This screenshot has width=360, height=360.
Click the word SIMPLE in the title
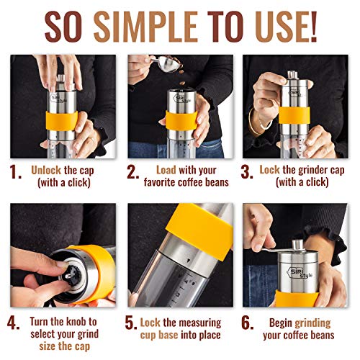pyautogui.click(x=145, y=27)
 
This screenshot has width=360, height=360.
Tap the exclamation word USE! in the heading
pyautogui.click(x=286, y=27)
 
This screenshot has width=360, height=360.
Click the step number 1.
pyautogui.click(x=16, y=172)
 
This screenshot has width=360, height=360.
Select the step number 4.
pyautogui.click(x=14, y=323)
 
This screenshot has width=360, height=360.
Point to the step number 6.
pyautogui.click(x=247, y=323)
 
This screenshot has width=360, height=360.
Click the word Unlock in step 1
pyautogui.click(x=46, y=170)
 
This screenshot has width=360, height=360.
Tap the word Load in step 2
pyautogui.click(x=166, y=170)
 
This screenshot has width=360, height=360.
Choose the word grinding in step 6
pyautogui.click(x=312, y=323)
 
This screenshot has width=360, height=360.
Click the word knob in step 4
pyautogui.click(x=77, y=322)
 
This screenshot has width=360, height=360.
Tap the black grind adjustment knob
pyautogui.click(x=73, y=275)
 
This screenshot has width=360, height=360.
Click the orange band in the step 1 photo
pyautogui.click(x=62, y=121)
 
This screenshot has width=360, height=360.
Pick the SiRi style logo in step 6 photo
pyautogui.click(x=300, y=273)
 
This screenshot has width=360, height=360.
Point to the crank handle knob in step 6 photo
pyautogui.click(x=297, y=245)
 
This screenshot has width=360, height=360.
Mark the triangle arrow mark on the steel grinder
pyautogui.click(x=189, y=260)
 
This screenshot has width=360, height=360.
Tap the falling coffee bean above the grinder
pyautogui.click(x=182, y=84)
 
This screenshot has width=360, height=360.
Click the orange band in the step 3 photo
pyautogui.click(x=294, y=115)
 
